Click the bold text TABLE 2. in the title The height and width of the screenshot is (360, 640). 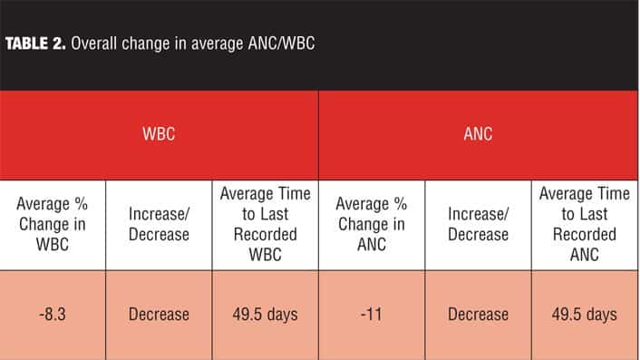[x=35, y=44]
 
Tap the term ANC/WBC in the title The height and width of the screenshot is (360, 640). [x=281, y=44]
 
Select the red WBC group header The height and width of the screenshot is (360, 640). [x=159, y=134]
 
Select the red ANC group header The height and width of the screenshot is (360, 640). [x=478, y=134]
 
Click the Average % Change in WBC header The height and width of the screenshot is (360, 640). [x=53, y=224]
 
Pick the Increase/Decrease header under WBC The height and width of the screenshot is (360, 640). [x=159, y=224]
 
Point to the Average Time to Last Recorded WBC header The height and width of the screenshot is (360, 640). [x=266, y=224]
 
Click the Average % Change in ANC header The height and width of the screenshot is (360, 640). [x=372, y=224]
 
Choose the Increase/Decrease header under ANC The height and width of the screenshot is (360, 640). [x=478, y=224]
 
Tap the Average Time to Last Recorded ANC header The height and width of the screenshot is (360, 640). [x=585, y=224]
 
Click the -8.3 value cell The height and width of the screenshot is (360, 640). [x=53, y=315]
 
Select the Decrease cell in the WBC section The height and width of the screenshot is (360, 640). [x=159, y=315]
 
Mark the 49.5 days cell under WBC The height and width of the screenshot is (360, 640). [x=266, y=315]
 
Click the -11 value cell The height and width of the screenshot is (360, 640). [x=372, y=315]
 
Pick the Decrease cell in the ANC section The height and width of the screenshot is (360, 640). [x=478, y=315]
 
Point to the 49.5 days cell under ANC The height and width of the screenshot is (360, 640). [x=585, y=315]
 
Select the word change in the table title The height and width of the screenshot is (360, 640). [x=146, y=44]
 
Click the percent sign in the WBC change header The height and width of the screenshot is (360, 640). [x=82, y=204]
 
